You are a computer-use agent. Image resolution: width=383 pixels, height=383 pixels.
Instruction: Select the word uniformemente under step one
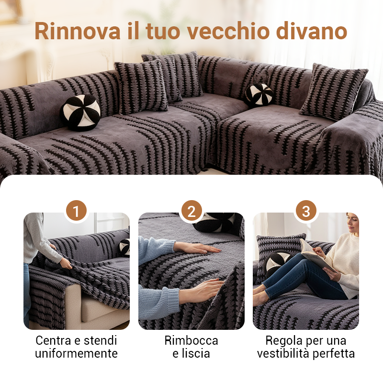point(76,354)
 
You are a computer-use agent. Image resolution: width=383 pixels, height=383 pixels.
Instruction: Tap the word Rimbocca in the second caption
point(191,341)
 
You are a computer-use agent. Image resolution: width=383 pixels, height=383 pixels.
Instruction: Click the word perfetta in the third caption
point(334,354)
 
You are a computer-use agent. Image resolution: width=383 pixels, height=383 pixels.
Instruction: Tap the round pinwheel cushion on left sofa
point(80,113)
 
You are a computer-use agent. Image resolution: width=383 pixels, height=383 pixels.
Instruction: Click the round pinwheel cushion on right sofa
point(259,95)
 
